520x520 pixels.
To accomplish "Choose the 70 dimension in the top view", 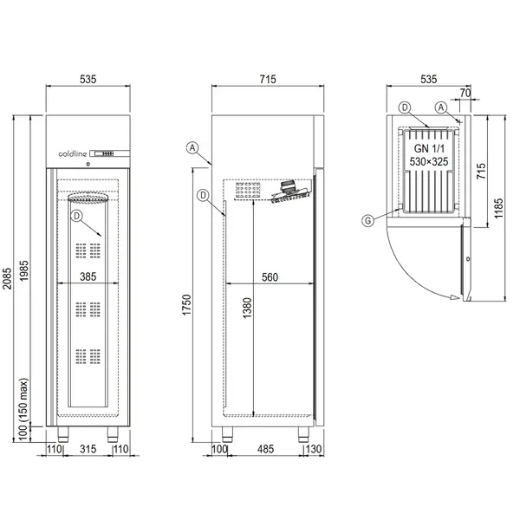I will (x=465, y=92).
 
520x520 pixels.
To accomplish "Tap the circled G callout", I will (x=369, y=221).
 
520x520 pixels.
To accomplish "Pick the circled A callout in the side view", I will (x=192, y=147).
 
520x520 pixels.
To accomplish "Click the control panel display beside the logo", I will (x=111, y=153).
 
